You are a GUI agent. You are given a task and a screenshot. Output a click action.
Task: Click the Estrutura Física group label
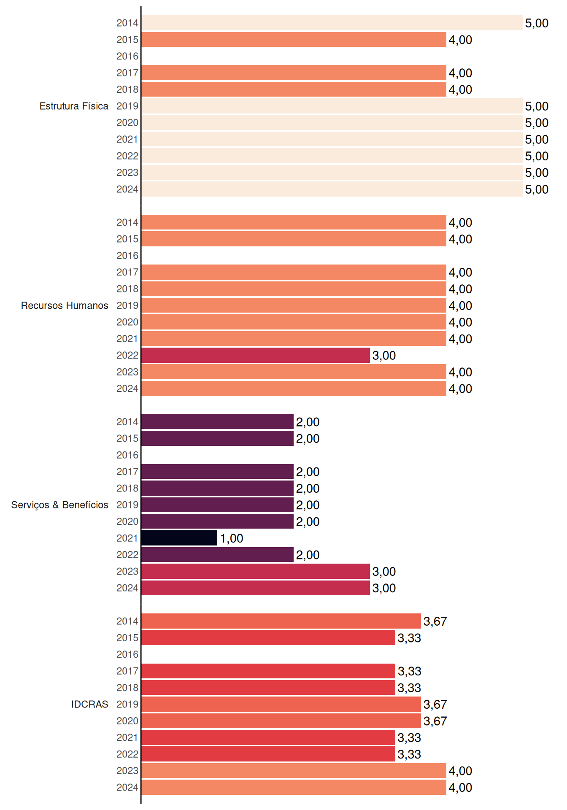[x=74, y=106]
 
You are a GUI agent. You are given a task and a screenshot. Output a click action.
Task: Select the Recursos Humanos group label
[x=65, y=305]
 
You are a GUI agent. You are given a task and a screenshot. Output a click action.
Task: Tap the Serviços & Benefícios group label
[x=59, y=505]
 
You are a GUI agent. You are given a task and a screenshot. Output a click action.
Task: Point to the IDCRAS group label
[x=89, y=704]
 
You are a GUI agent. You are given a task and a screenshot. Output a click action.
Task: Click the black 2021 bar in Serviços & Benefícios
[x=179, y=538]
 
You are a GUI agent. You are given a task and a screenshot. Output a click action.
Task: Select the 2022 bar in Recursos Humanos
[x=256, y=355]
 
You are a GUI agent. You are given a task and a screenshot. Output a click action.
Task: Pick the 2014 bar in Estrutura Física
[x=332, y=23]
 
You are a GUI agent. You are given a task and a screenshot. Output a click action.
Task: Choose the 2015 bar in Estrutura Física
[x=294, y=40]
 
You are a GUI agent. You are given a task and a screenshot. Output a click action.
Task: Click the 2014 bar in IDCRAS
[x=281, y=621]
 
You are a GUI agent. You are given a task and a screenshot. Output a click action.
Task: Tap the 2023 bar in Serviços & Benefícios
[x=256, y=571]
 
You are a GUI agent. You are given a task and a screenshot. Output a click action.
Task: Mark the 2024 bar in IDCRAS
[x=294, y=787]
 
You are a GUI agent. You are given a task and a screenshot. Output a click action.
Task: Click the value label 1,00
[x=232, y=538]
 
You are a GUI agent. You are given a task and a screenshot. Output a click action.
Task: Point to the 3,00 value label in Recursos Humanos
[x=384, y=356]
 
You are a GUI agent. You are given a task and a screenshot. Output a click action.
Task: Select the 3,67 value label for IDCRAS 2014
[x=435, y=621]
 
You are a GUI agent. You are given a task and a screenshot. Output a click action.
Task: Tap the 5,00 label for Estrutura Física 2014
[x=537, y=23]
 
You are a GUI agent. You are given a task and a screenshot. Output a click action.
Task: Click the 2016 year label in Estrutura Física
[x=127, y=56]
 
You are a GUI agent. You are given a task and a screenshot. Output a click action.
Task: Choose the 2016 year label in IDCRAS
[x=127, y=654]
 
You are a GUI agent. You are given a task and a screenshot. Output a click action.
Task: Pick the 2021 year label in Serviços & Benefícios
[x=127, y=538]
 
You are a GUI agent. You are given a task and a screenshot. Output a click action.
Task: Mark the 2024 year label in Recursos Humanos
[x=127, y=389]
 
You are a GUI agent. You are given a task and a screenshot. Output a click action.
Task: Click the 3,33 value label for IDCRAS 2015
[x=409, y=638]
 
